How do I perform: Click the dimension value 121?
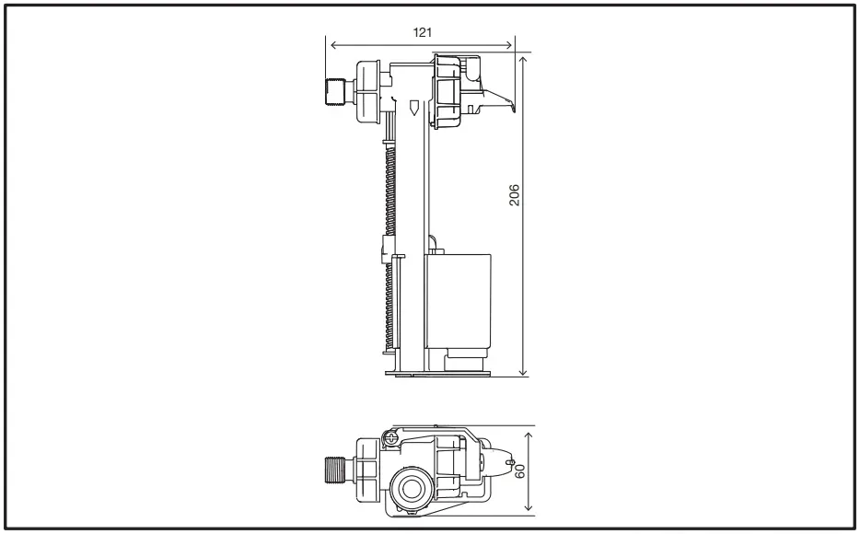[423, 30]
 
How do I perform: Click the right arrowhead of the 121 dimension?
[511, 44]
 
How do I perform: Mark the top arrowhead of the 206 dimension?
[523, 57]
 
